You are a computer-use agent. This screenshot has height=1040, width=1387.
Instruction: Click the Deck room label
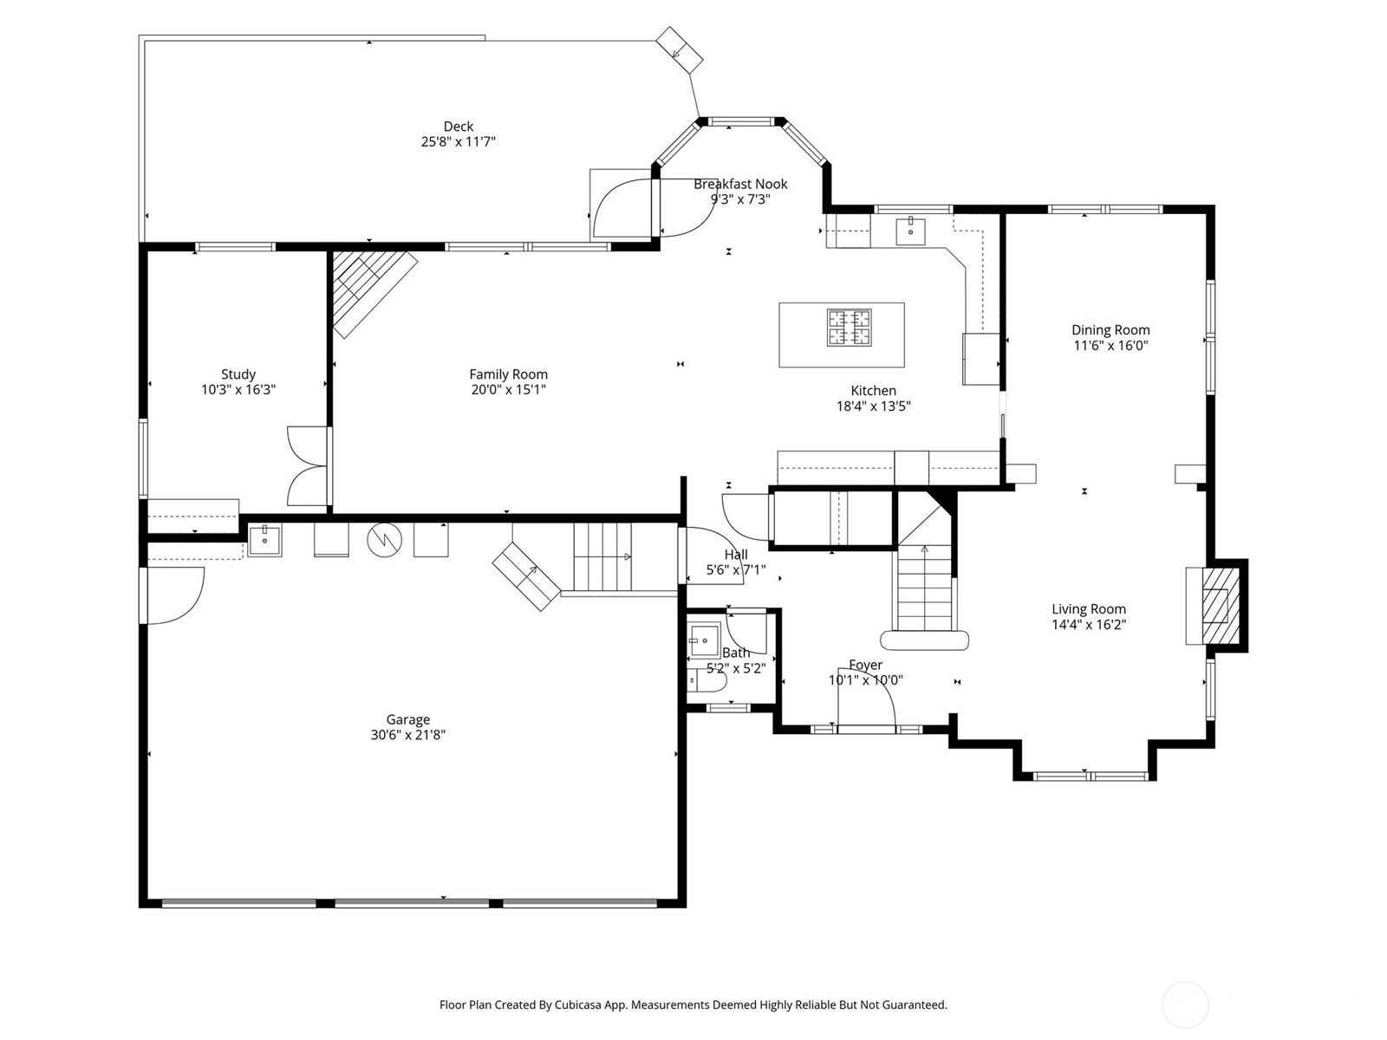[x=458, y=127]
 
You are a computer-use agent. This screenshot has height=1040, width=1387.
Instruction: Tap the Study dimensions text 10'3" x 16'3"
[x=238, y=390]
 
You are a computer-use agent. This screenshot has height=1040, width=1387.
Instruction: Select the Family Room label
[x=508, y=374]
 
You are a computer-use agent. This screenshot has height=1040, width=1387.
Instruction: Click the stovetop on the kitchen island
[x=850, y=327]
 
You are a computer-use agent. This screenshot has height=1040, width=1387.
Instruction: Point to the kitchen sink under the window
[x=910, y=231]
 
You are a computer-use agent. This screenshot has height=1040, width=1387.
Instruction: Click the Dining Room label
[x=1110, y=329]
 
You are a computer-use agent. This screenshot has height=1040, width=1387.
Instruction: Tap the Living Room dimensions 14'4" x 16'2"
[x=1088, y=625]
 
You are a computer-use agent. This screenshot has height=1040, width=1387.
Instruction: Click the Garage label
[x=407, y=719]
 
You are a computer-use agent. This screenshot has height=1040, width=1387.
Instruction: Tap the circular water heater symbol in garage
[x=384, y=541]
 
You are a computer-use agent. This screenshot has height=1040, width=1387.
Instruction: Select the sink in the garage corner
[x=264, y=540]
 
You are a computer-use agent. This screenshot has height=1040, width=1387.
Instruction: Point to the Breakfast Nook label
[x=740, y=184]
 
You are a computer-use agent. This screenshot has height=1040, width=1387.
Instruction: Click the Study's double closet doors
[x=308, y=466]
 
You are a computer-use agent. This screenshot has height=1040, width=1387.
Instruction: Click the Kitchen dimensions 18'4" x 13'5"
[x=873, y=406]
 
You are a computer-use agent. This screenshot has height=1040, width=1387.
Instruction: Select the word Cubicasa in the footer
[x=578, y=1004]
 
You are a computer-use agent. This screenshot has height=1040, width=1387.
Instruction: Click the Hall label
[x=735, y=555]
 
